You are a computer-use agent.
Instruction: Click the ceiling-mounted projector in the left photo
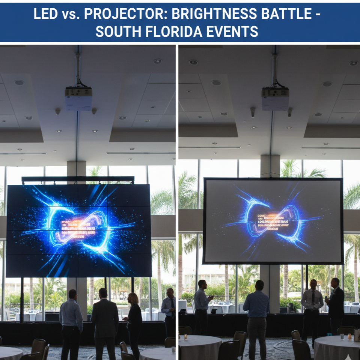[x=78, y=98]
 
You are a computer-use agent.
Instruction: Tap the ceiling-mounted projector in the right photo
[x=275, y=98]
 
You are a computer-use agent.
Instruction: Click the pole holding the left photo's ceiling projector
[x=78, y=68]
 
